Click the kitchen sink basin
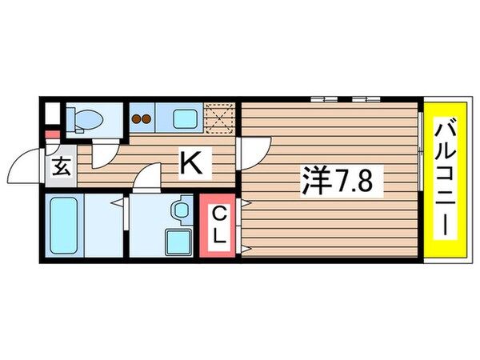tap(186, 120)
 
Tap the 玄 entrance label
tap(61, 167)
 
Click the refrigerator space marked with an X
tap(220, 117)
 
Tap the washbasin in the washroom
tap(179, 209)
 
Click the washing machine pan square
tap(175, 240)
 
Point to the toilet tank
tap(70, 118)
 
